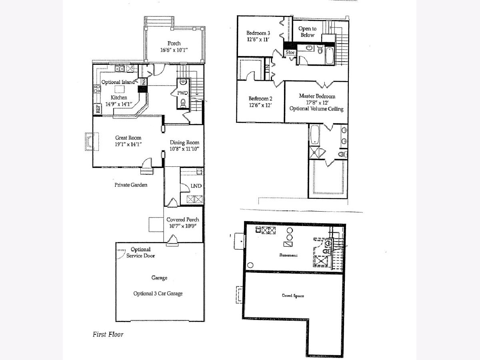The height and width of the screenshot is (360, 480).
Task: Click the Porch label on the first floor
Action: click(174, 43)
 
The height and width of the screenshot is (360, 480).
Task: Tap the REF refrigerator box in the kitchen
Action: click(98, 108)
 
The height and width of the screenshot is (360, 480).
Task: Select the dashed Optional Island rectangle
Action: click(120, 89)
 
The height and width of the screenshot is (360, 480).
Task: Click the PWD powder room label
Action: click(182, 93)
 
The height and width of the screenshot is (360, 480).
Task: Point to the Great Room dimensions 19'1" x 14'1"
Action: click(128, 144)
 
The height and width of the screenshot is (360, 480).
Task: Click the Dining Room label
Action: click(184, 142)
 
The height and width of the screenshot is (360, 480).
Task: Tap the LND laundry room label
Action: click(196, 186)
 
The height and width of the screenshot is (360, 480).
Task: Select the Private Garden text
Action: click(131, 185)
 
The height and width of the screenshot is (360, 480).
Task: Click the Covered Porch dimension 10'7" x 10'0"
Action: click(183, 226)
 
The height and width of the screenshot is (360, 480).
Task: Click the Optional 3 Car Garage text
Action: click(158, 294)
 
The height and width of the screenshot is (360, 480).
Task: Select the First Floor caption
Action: click(108, 334)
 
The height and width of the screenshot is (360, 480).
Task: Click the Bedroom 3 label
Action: click(258, 33)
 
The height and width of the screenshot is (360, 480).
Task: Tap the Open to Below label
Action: click(307, 32)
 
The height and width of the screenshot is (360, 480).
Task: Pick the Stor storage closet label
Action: click(290, 52)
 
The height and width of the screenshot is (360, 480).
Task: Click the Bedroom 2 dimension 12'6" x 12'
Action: click(260, 105)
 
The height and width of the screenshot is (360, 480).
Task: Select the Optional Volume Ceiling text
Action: click(316, 109)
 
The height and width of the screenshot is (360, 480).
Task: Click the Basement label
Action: click(288, 255)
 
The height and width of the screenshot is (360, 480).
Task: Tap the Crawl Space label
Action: click(293, 296)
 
